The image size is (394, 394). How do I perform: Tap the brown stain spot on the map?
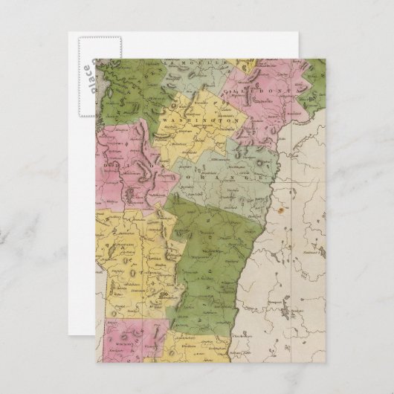point(282,210)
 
